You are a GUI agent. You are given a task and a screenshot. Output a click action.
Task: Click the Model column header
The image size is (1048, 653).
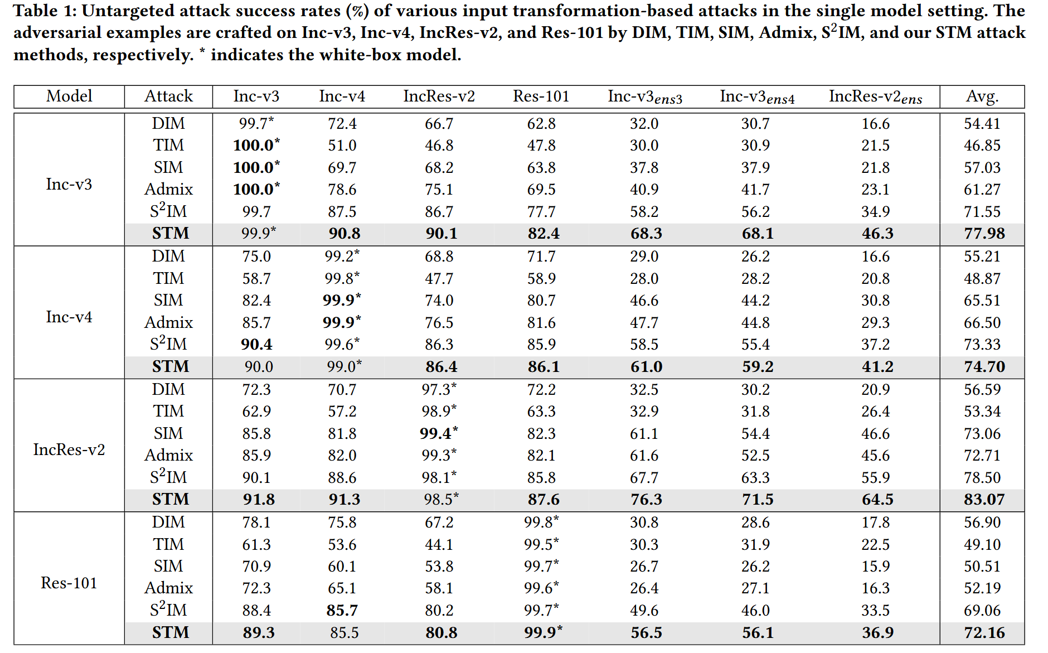[x=69, y=96]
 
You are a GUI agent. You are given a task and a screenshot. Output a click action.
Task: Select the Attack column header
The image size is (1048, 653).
[x=168, y=96]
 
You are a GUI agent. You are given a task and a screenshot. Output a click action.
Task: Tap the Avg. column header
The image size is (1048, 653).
[x=982, y=97]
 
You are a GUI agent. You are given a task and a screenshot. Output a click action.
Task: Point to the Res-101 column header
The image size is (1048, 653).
[x=541, y=96]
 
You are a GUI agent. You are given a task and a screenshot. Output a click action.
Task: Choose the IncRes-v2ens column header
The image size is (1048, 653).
[x=875, y=97]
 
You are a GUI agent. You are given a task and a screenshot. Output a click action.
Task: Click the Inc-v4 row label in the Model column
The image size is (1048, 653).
[x=69, y=317]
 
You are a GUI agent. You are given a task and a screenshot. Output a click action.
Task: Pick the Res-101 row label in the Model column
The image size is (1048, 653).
[x=69, y=583]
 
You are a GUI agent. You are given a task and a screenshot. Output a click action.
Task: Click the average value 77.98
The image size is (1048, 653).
[x=984, y=234]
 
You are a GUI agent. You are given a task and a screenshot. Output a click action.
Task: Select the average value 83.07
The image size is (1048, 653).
[x=984, y=500]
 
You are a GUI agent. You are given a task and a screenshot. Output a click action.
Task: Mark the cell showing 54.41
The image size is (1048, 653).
[x=982, y=124]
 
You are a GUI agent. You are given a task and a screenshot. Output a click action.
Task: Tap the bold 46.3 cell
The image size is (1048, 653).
[x=877, y=234]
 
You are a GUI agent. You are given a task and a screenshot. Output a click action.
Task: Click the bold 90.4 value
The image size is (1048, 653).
[x=256, y=345]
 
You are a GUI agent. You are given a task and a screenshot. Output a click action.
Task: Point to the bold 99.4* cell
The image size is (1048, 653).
[x=439, y=433]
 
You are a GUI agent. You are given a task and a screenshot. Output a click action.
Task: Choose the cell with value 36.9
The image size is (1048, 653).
[x=877, y=633]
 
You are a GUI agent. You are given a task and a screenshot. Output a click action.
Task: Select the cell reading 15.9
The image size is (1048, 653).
[x=875, y=567]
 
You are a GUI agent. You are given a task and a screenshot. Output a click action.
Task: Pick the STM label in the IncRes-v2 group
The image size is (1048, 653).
[x=171, y=500]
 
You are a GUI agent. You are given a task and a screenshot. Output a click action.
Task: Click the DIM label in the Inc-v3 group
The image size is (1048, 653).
[x=168, y=124]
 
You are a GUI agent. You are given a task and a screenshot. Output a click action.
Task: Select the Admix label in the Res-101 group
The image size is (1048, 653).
[x=168, y=588]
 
